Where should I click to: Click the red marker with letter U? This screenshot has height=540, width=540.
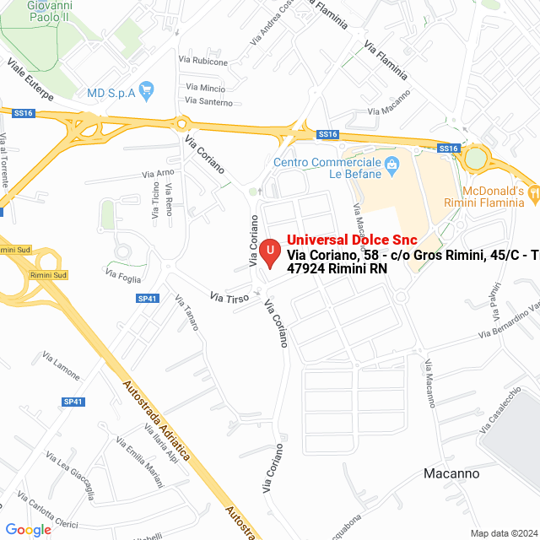(269, 252)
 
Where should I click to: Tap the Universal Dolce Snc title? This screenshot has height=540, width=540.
(352, 240)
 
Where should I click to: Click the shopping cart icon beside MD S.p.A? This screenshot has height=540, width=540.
(147, 89)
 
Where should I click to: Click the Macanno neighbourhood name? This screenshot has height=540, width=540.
(451, 473)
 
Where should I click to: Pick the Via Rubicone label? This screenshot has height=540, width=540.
(203, 62)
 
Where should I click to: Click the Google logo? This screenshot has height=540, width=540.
(28, 529)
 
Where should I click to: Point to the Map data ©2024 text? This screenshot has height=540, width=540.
(504, 533)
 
